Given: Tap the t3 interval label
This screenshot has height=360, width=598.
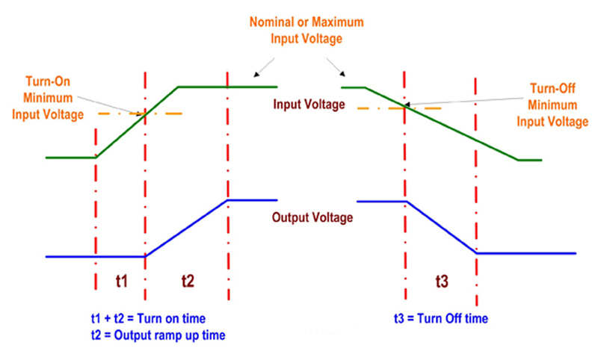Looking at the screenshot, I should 442,282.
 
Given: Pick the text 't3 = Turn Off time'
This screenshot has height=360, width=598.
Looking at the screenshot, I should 441,319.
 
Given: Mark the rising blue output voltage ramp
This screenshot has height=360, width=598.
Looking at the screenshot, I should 187,228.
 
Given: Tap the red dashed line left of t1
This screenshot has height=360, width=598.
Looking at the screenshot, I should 96,209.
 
